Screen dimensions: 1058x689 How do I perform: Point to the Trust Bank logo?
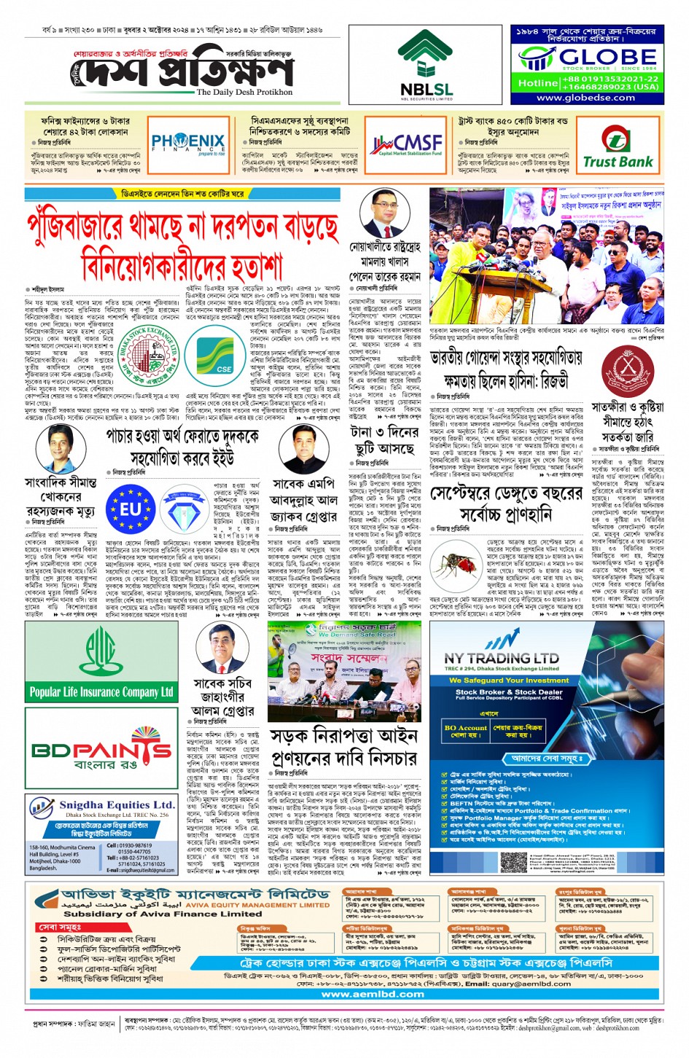pyautogui.click(x=618, y=148)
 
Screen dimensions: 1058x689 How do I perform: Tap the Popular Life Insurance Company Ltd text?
pyautogui.click(x=101, y=691)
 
